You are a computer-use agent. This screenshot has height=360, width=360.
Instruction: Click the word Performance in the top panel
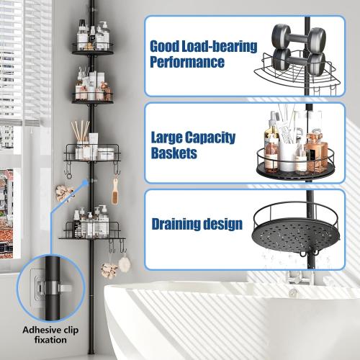tap(187, 62)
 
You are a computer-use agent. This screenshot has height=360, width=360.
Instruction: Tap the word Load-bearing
tap(220, 46)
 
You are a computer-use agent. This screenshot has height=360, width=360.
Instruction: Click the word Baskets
tap(174, 153)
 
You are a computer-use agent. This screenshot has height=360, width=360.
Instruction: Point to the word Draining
tap(176, 224)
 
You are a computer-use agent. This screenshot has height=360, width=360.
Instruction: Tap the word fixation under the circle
tap(50, 340)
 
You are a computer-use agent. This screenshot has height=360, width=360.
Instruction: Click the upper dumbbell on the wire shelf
tap(299, 38)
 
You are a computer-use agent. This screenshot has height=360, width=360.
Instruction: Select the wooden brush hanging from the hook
tap(115, 193)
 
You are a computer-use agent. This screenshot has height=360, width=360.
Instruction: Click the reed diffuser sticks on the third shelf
tap(81, 131)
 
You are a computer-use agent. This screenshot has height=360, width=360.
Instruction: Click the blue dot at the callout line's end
tap(85, 183)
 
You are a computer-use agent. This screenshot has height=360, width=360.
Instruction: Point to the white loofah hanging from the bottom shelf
tap(125, 264)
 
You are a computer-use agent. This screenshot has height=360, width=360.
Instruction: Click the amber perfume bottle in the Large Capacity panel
tap(317, 151)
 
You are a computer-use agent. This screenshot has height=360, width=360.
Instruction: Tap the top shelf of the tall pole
tap(93, 49)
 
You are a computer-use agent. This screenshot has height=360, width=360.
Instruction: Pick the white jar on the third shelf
tap(106, 154)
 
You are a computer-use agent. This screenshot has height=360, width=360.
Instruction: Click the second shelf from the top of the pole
tap(93, 99)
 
